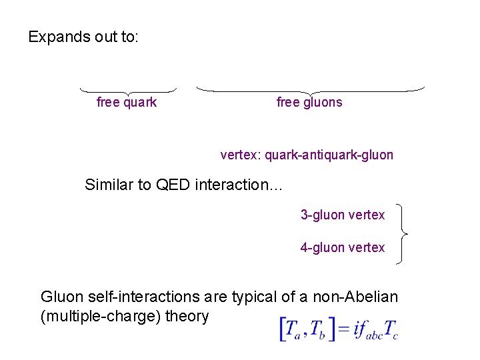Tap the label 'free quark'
(127, 102)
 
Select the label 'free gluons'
(309, 102)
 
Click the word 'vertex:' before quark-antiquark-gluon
(241, 155)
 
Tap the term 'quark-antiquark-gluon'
(329, 155)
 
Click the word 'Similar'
(109, 185)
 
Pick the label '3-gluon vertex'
(343, 215)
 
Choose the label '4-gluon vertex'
(343, 247)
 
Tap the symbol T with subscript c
(391, 329)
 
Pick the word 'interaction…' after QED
(239, 185)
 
